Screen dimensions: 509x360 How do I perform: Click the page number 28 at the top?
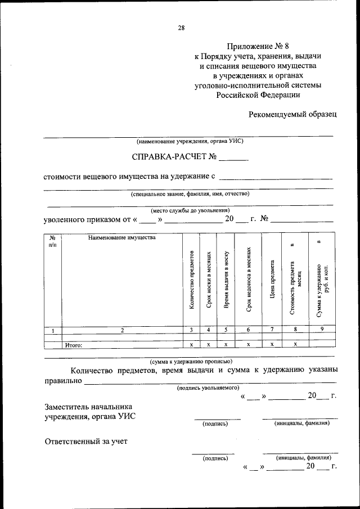[x=181, y=27]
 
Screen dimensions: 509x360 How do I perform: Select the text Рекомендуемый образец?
[x=293, y=114]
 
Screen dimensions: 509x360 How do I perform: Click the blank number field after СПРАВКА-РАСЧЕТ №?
[x=234, y=158]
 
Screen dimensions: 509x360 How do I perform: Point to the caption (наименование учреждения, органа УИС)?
[x=190, y=141]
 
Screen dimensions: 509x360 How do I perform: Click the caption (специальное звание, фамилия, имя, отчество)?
[x=190, y=194]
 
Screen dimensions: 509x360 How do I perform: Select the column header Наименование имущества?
[x=121, y=238]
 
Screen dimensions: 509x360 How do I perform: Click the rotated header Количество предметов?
[x=192, y=279]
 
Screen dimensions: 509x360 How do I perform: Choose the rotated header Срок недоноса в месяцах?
[x=248, y=279]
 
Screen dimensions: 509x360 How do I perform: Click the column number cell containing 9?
[x=321, y=330]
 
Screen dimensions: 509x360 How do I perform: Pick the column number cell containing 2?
[x=121, y=330]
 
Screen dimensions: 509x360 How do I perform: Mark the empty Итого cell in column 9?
[x=321, y=345]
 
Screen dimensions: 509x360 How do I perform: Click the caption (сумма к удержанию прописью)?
[x=190, y=362]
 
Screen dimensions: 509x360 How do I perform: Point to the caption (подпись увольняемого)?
[x=208, y=388]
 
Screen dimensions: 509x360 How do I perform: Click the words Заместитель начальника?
[x=88, y=407]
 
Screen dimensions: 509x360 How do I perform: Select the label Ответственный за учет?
[x=86, y=441]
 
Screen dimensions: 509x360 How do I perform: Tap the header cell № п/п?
[x=53, y=241]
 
